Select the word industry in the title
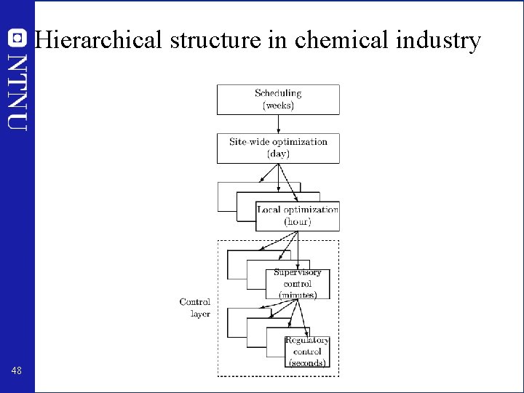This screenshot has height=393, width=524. click(438, 40)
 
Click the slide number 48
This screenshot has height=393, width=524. click(17, 371)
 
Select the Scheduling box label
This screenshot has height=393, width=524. click(278, 93)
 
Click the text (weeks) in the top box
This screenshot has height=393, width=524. click(278, 106)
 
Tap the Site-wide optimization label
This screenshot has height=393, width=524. click(278, 142)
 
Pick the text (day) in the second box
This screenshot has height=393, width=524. click(278, 154)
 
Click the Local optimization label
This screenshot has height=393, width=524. click(298, 210)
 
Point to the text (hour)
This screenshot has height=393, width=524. click(298, 221)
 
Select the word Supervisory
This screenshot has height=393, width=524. click(297, 273)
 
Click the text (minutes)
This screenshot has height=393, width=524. click(297, 295)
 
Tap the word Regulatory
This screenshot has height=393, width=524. click(307, 341)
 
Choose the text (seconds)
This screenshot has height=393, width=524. click(307, 362)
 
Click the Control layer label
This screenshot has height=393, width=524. click(195, 308)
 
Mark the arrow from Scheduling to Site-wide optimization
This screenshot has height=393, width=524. click(278, 124)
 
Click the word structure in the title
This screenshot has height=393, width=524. click(215, 40)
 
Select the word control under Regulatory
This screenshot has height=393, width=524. click(307, 352)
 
